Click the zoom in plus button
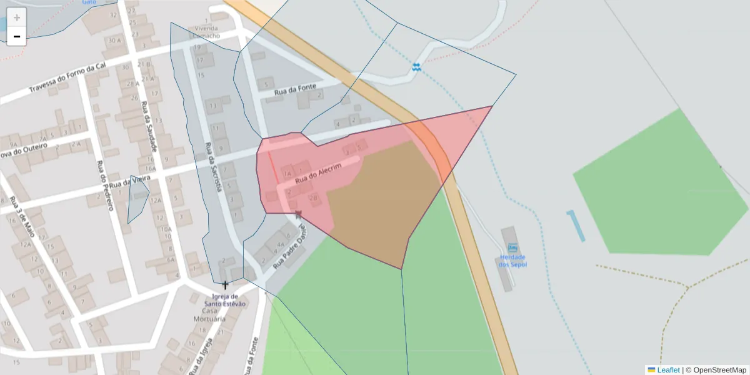(x=17, y=17)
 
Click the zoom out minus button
(x=17, y=36)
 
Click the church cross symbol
(x=225, y=285)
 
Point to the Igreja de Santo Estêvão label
(x=225, y=300)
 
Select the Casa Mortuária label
(x=213, y=315)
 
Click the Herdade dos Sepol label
(x=512, y=261)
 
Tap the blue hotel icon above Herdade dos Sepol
(x=512, y=247)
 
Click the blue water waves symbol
(x=416, y=66)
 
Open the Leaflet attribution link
(x=668, y=370)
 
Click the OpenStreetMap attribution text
(x=716, y=370)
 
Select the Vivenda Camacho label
(x=207, y=32)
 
